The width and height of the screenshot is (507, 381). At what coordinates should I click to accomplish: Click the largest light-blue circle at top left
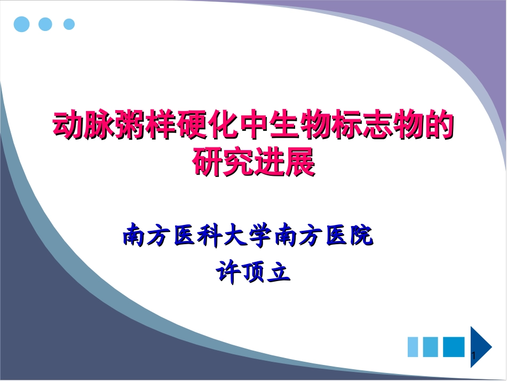click(x=22, y=24)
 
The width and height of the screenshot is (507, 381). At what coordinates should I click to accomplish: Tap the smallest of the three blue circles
click(x=69, y=25)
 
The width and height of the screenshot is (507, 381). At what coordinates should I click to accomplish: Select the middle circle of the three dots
click(x=46, y=24)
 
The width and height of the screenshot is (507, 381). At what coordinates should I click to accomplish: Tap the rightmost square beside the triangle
click(x=454, y=346)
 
